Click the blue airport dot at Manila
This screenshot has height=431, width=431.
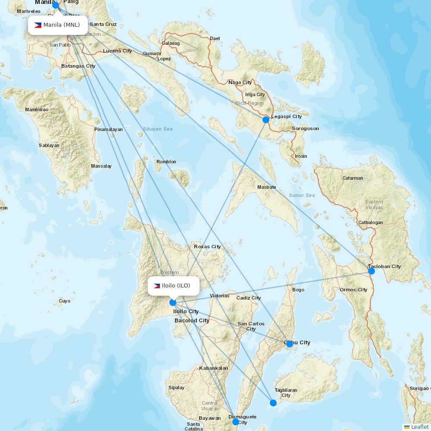point(56,5)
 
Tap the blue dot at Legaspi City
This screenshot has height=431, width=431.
point(266,119)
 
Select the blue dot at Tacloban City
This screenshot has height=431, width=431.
point(372,271)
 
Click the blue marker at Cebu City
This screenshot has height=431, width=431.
point(290,344)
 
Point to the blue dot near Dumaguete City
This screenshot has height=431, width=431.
point(235,422)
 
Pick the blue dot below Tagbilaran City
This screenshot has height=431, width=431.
point(273,403)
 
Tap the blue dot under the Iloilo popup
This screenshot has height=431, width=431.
point(173,303)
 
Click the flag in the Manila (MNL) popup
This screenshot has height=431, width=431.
point(38,25)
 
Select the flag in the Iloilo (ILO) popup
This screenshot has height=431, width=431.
point(157,286)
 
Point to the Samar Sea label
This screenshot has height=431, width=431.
point(302,195)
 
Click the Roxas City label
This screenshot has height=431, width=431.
point(207,247)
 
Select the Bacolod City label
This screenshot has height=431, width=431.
point(192,321)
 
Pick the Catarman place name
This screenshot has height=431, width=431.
point(353,178)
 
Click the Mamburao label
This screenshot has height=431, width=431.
point(37,109)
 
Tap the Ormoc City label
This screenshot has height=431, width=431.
point(353,290)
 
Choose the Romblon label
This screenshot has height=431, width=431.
point(166,162)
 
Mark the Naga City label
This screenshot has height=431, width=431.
point(240,82)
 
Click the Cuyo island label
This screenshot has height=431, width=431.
point(65,301)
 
